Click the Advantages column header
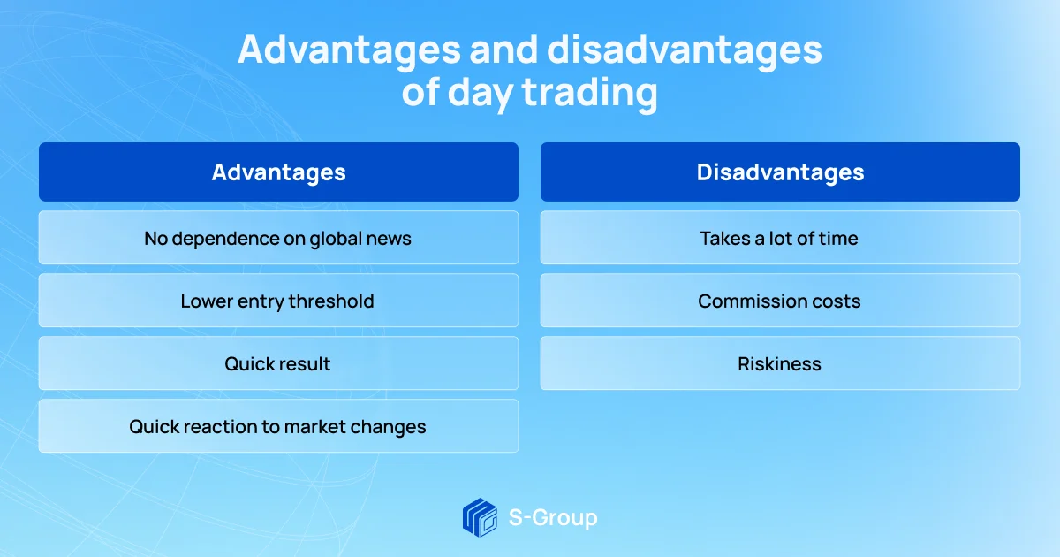[x=278, y=172]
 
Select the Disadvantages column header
[x=780, y=172]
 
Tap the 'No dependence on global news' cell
[x=278, y=238]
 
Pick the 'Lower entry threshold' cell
[x=278, y=301]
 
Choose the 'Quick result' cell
[x=278, y=363]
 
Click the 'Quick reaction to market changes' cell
[x=278, y=426]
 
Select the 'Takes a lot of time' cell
[x=780, y=238]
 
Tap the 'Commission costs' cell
[x=780, y=301]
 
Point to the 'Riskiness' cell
[x=780, y=363]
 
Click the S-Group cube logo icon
[x=480, y=517]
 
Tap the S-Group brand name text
[x=553, y=518]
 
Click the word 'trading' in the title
[x=590, y=92]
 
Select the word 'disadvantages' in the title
[x=685, y=50]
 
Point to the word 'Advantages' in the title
[x=349, y=50]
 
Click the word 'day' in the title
[x=481, y=94]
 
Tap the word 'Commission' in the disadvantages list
[x=751, y=301]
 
